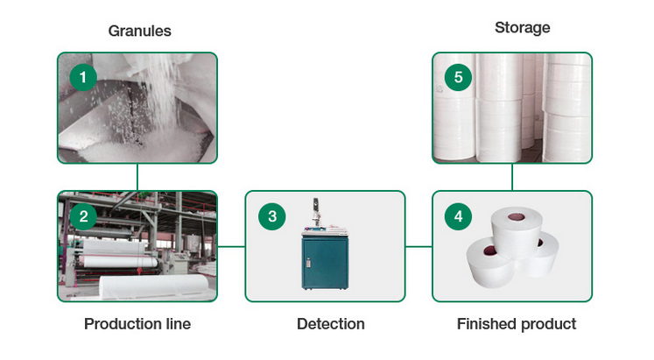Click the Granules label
tap(140, 31)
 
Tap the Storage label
tap(522, 27)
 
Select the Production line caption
tap(137, 324)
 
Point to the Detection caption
tap(331, 324)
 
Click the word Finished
tap(486, 324)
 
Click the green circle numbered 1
tap(83, 77)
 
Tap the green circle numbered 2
tap(83, 216)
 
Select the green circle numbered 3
tap(272, 216)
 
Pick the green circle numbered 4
tap(458, 216)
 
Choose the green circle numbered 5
tap(458, 77)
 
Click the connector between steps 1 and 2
tap(137, 177)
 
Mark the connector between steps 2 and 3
tap(231, 246)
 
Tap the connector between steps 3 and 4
tap(418, 246)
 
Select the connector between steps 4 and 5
tap(512, 177)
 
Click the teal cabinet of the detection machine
tap(325, 263)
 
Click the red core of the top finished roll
tap(516, 217)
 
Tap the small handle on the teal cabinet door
tap(308, 263)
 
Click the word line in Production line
tap(179, 324)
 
